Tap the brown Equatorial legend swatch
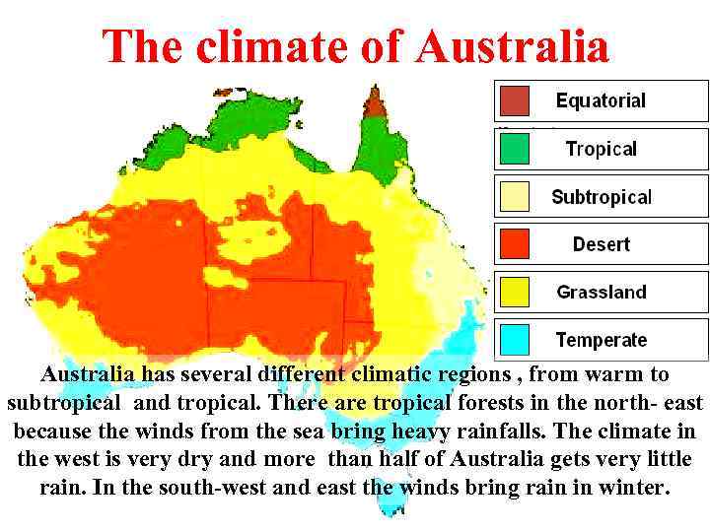click(514, 100)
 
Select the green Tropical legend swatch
click(514, 149)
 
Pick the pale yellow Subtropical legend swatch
click(514, 196)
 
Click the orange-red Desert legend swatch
click(514, 243)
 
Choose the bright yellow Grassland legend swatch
click(514, 292)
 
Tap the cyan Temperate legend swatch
click(514, 340)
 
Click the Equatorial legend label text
click(601, 100)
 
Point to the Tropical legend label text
click(601, 149)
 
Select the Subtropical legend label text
click(602, 197)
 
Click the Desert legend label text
click(601, 244)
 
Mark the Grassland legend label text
click(602, 292)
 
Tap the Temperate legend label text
click(602, 340)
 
